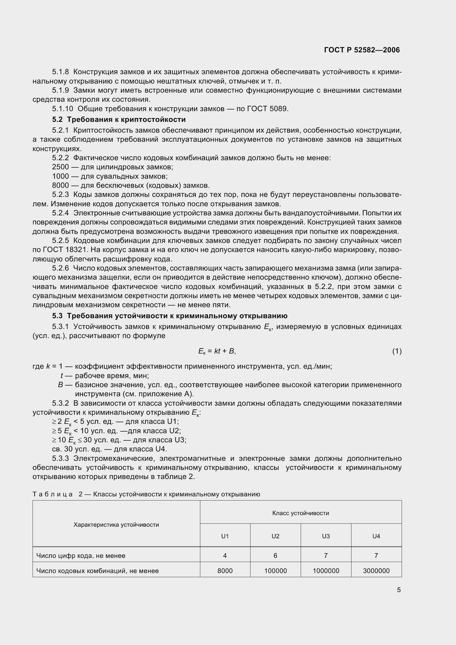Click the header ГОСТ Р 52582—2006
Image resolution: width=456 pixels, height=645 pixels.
point(362,50)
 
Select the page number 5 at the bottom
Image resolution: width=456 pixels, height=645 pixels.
point(399,590)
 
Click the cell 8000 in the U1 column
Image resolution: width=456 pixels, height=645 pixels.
point(225,571)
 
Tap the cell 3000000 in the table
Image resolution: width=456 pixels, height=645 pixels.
point(376,571)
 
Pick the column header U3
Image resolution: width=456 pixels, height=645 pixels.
point(326,536)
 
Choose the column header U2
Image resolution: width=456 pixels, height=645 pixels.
point(275,536)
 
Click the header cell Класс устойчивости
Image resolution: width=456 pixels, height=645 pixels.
point(300,513)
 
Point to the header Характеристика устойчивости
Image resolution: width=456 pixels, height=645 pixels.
point(116,524)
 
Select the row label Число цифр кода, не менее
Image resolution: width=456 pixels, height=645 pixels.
point(81,555)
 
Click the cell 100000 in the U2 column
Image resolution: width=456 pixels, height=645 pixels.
point(275,571)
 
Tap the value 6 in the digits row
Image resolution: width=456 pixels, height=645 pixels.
point(275,555)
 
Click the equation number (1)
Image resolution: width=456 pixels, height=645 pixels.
point(397,351)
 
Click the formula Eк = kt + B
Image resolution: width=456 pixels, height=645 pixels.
point(217,351)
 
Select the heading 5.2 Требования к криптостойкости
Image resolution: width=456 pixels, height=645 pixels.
point(119,120)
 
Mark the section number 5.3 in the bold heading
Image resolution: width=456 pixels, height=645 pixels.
point(57,316)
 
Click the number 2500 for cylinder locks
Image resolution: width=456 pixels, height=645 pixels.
point(60,167)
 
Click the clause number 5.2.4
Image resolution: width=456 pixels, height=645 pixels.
point(60,213)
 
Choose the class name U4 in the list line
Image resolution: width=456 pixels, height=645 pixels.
point(161,449)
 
